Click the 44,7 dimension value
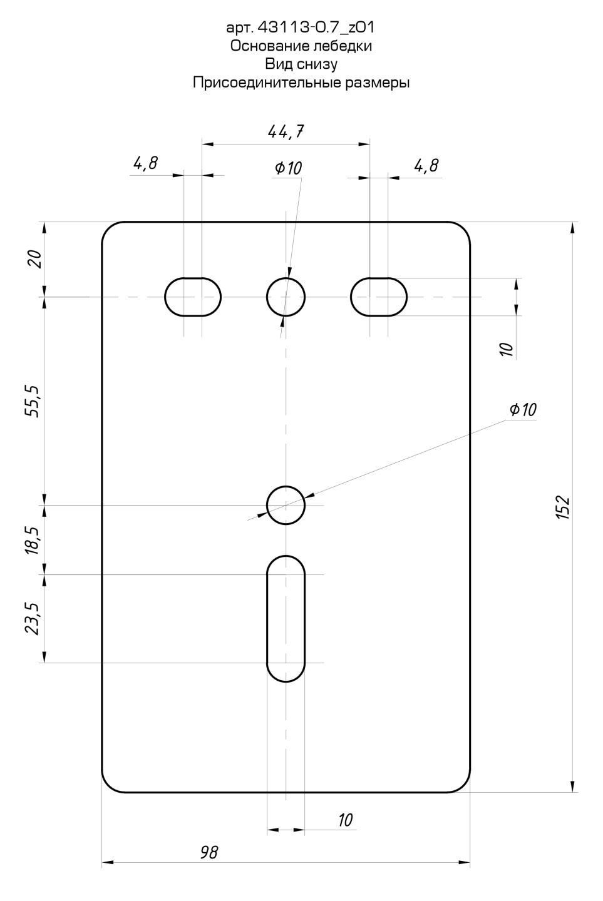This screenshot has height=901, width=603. coord(286,131)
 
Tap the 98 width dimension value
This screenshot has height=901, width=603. coord(209,852)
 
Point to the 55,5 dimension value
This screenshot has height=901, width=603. coord(33,401)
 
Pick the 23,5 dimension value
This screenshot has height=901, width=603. coord(33,619)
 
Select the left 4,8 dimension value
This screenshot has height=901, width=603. coord(145,163)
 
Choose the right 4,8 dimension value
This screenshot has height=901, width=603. coord(426,166)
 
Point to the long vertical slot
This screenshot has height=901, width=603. coord(267,619)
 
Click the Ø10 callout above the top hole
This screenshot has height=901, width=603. coord(289,168)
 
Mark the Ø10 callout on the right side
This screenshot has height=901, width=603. coord(523,409)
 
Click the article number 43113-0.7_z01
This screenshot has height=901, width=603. coord(316,28)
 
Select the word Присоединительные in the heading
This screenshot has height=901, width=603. coord(267,83)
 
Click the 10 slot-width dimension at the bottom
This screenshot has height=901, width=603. coord(346,820)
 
